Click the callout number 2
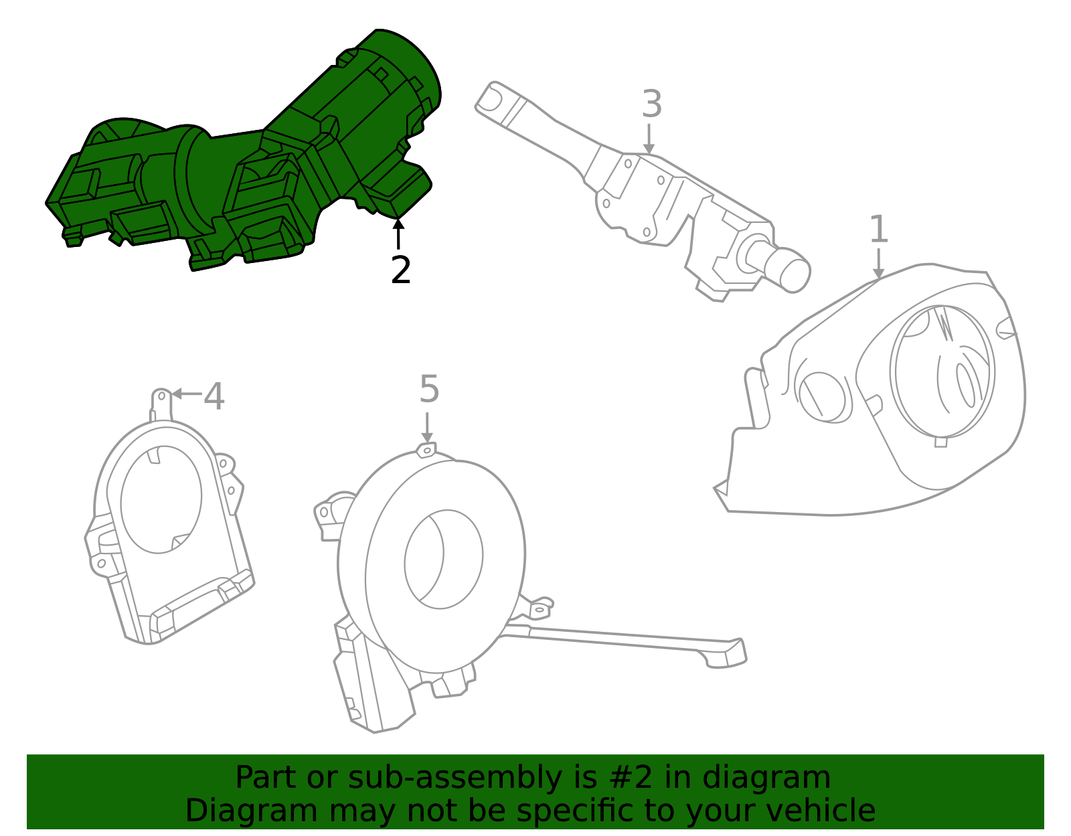point(400,270)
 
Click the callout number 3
point(651,104)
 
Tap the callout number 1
point(878,230)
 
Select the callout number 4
point(214,396)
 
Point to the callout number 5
point(429,390)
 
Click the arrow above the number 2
point(398,234)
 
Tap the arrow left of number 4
point(187,394)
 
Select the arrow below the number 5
point(427,428)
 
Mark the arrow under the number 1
point(878,263)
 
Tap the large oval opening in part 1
point(942,371)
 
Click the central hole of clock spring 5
point(443,560)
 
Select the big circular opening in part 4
point(161,499)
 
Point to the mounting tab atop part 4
point(161,400)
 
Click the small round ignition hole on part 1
point(822,396)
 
